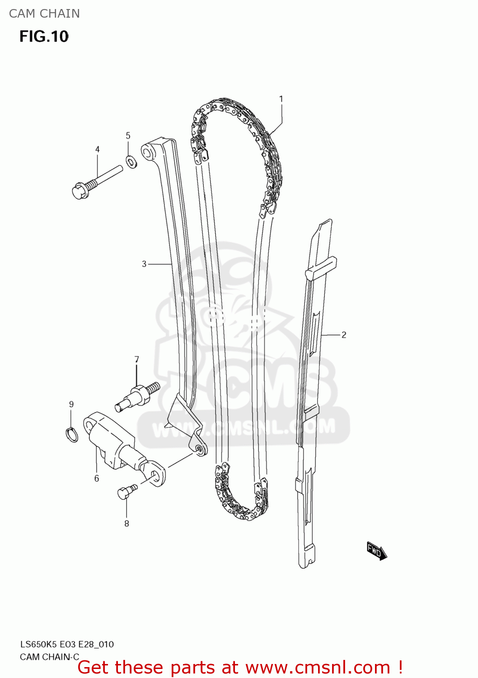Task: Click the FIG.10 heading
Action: point(44,37)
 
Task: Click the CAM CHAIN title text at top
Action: point(44,14)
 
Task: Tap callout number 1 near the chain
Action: point(281,99)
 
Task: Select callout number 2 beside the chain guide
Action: point(344,335)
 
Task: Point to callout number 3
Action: point(144,264)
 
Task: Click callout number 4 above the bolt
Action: point(97,149)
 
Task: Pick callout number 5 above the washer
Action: point(128,136)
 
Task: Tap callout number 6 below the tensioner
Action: point(96,478)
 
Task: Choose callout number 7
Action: point(136,359)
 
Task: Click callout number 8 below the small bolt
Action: point(127,523)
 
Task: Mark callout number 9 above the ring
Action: point(71,404)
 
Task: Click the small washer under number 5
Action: point(131,161)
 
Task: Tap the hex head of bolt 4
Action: point(80,191)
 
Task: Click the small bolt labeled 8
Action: point(126,491)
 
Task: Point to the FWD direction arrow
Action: point(376,551)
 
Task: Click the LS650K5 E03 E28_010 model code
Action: point(66,644)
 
